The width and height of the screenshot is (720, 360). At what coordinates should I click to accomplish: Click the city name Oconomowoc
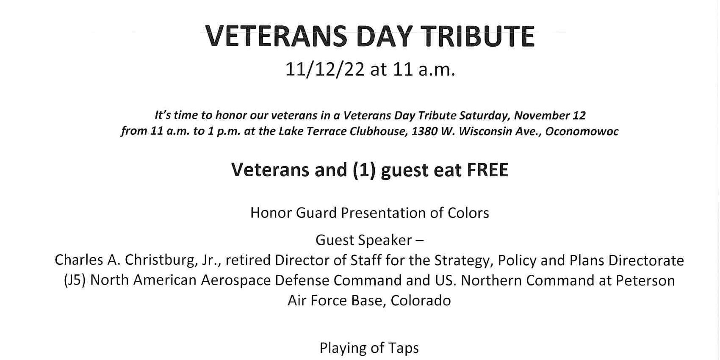(x=582, y=131)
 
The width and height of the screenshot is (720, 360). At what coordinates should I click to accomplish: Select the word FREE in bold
(x=487, y=170)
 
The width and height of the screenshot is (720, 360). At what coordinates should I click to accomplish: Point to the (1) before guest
(x=364, y=170)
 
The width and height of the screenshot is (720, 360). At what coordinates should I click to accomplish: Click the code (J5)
(x=75, y=280)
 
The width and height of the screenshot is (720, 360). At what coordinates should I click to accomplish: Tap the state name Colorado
(x=421, y=301)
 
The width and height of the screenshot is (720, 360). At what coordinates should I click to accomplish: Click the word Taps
(x=403, y=348)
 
